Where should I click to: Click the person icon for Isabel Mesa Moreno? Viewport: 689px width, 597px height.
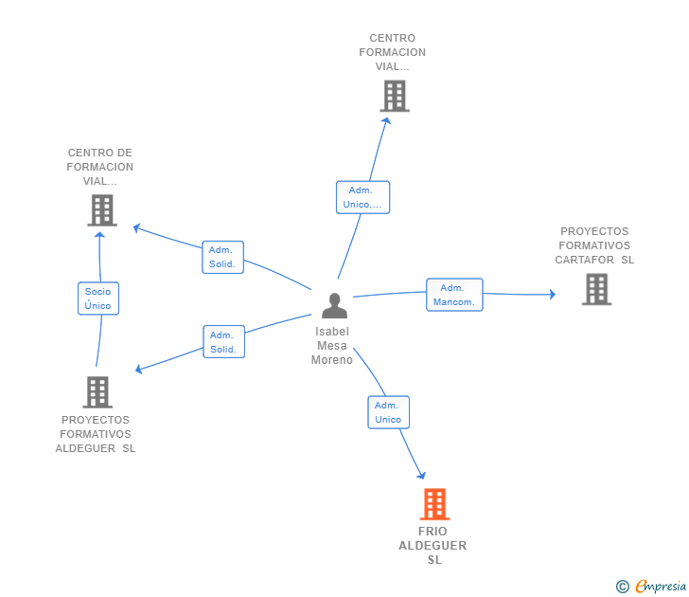pyautogui.click(x=334, y=306)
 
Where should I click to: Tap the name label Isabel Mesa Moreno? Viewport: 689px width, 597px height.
pyautogui.click(x=332, y=346)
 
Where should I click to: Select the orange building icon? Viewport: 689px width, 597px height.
pyautogui.click(x=434, y=504)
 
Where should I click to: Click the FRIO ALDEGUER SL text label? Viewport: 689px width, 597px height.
pyautogui.click(x=433, y=546)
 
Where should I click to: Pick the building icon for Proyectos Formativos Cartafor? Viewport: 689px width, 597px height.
pyautogui.click(x=596, y=289)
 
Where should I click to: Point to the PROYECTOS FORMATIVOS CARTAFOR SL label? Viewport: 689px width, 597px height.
pyautogui.click(x=594, y=245)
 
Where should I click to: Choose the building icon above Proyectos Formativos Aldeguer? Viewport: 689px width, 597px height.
pyautogui.click(x=97, y=392)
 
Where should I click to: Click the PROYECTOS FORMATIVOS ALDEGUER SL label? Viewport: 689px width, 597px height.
pyautogui.click(x=96, y=434)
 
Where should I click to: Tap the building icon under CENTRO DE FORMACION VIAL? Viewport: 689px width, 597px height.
pyautogui.click(x=102, y=210)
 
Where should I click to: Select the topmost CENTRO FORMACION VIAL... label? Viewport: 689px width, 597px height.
pyautogui.click(x=393, y=52)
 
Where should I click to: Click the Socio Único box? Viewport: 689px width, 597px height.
pyautogui.click(x=98, y=298)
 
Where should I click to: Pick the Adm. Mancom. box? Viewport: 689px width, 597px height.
pyautogui.click(x=454, y=295)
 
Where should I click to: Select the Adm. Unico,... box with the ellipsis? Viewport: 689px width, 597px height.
pyautogui.click(x=363, y=197)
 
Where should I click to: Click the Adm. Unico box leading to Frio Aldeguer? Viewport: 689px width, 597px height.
pyautogui.click(x=388, y=412)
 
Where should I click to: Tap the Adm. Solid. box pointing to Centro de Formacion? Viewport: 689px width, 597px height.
pyautogui.click(x=222, y=257)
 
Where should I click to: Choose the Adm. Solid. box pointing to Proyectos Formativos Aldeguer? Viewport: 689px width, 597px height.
pyautogui.click(x=223, y=341)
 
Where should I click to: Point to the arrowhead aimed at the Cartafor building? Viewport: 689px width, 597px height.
pyautogui.click(x=553, y=295)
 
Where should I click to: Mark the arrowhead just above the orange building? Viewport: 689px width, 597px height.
pyautogui.click(x=421, y=475)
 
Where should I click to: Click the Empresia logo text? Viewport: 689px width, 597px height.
pyautogui.click(x=661, y=586)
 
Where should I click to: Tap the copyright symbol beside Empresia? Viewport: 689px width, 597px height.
pyautogui.click(x=622, y=587)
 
